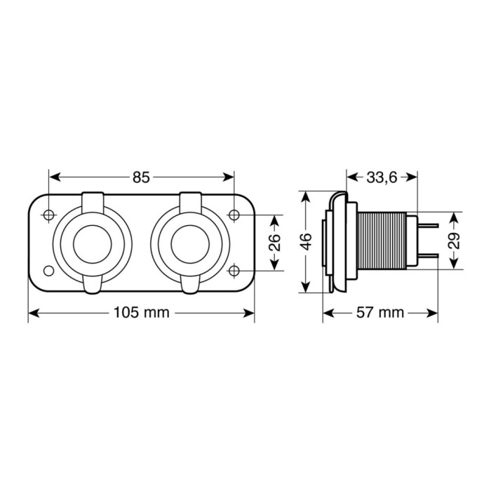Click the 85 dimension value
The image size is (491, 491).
pyautogui.click(x=141, y=177)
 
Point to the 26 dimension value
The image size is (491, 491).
pyautogui.click(x=275, y=243)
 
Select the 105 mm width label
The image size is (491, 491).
pyautogui.click(x=141, y=313)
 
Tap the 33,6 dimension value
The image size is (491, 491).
pyautogui.click(x=382, y=177)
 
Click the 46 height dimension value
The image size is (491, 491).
pyautogui.click(x=305, y=243)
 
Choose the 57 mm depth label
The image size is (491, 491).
pyautogui.click(x=381, y=313)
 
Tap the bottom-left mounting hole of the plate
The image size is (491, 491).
pyautogui.click(x=48, y=271)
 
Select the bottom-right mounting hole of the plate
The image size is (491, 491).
pyautogui.click(x=234, y=271)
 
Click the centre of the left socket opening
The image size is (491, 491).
pyautogui.click(x=93, y=243)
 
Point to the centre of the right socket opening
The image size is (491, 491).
pyautogui.click(x=189, y=243)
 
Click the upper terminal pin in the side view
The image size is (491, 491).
pyautogui.click(x=429, y=226)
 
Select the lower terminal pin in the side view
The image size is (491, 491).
pyautogui.click(x=429, y=257)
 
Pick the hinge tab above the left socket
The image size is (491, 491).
pyautogui.click(x=93, y=201)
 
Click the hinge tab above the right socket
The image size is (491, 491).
pyautogui.click(x=189, y=201)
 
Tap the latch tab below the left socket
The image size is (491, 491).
pyautogui.click(x=93, y=284)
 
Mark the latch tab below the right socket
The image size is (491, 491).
pyautogui.click(x=189, y=284)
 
